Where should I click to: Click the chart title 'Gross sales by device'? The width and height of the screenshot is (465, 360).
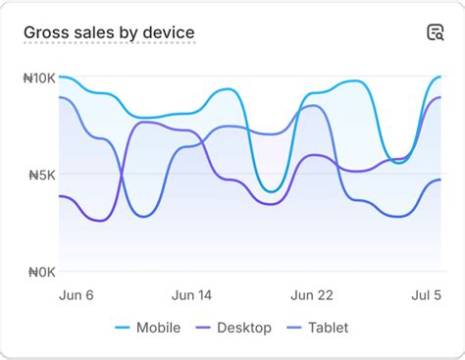[x=109, y=32]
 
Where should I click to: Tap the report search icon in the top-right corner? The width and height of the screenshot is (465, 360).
[x=435, y=32]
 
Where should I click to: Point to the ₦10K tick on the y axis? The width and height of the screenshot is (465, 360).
[x=38, y=77]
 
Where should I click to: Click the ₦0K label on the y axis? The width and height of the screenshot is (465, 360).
[x=40, y=273]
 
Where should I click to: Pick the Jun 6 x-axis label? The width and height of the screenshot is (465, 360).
[x=77, y=295]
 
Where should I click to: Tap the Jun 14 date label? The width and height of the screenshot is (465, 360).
[x=191, y=295]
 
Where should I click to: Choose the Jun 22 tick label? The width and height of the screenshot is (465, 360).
[x=313, y=295]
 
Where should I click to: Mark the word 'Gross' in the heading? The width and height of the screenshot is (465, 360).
[x=45, y=32]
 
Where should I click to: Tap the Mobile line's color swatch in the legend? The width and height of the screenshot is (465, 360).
[x=123, y=328]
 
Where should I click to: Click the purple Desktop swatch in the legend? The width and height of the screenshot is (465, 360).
[x=204, y=328]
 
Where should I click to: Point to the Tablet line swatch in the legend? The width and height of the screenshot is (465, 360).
[x=295, y=328]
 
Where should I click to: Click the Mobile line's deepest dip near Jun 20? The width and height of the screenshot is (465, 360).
[x=274, y=190]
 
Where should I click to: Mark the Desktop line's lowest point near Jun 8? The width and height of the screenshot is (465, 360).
[x=100, y=221]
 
